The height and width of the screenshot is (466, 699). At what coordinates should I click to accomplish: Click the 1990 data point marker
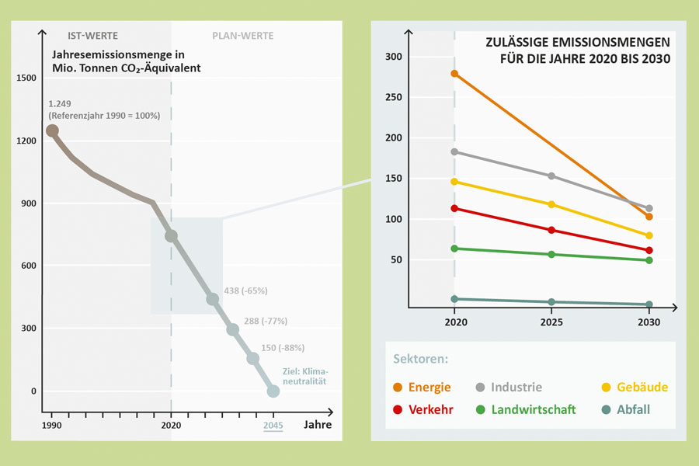pos(52,130)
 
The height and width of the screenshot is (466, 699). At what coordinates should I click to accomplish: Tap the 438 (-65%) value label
pos(245,290)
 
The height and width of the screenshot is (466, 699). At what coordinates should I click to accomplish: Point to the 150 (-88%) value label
pos(283,348)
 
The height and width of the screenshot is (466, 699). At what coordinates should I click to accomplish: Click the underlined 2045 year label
pos(273,425)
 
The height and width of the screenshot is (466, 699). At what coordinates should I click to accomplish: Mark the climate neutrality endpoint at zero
pos(273,391)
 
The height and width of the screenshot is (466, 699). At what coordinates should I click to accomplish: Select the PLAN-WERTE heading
pos(243,36)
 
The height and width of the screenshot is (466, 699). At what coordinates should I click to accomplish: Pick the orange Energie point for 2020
pos(454,74)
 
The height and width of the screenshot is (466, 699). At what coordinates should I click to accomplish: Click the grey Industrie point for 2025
pos(551,176)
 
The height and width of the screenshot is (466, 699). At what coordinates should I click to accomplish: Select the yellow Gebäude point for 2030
pos(649,235)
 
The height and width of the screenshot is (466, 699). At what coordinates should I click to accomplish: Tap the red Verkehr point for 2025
pos(551,230)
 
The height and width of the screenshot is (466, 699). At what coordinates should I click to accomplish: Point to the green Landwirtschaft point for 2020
pos(454,249)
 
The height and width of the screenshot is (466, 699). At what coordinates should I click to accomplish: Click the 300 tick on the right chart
pos(394,57)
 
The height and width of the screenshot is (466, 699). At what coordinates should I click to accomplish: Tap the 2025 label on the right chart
pos(551,322)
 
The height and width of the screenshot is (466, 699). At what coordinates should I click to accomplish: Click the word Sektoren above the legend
pos(420,360)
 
